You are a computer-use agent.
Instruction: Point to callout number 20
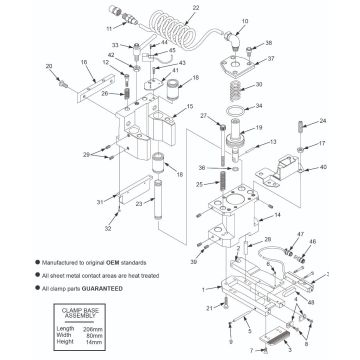tap(48, 66)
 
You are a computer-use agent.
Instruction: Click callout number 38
tap(267, 44)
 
